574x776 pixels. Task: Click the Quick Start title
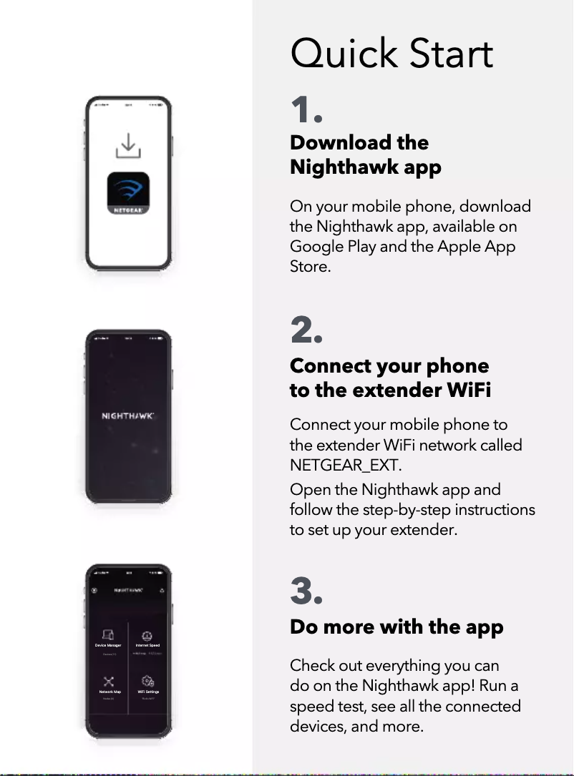[391, 54]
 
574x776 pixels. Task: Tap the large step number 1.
[306, 112]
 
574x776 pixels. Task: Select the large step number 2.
[306, 330]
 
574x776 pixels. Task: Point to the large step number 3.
[306, 591]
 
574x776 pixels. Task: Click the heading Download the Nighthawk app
[365, 154]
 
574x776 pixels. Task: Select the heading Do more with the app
[397, 627]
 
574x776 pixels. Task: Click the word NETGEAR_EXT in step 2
[345, 466]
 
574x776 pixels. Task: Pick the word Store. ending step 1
[310, 267]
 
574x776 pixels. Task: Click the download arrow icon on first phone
[128, 145]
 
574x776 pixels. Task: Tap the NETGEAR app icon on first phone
[128, 193]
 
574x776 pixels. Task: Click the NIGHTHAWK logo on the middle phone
[128, 416]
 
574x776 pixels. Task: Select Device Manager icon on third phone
[108, 635]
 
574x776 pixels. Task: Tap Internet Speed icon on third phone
[147, 635]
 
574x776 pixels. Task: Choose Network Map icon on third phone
[108, 682]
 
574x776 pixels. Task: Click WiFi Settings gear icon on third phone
[147, 682]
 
